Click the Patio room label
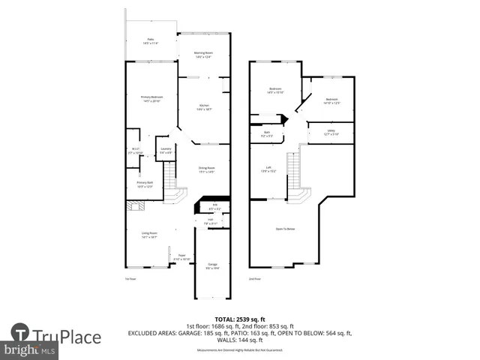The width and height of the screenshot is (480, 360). coord(151,41)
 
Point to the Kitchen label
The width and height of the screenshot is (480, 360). coord(204,107)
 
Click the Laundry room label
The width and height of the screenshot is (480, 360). coord(166,150)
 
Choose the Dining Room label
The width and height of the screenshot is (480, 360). coord(207,169)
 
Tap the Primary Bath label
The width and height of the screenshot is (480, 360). coord(145,184)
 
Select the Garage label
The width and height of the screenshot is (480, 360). coord(213,265)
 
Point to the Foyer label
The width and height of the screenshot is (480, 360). coord(181,257)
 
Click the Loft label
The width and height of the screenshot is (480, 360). coord(268,169)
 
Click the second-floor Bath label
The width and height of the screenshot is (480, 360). coord(267,135)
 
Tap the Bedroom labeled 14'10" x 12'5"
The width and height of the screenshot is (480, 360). coord(331,101)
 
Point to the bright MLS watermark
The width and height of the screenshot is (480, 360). coord(30,350)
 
